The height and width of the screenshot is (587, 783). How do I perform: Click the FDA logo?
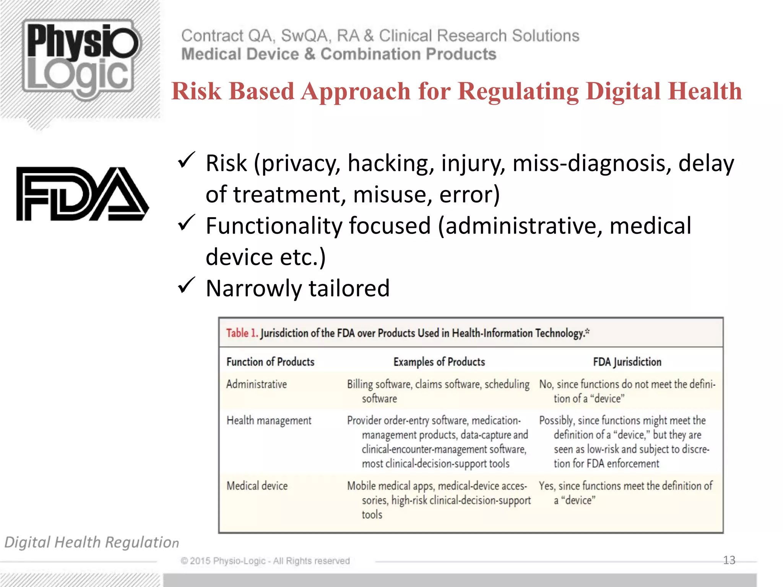click(82, 194)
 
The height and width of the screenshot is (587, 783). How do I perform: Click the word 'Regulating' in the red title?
click(518, 92)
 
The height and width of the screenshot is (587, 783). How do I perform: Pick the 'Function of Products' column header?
click(270, 362)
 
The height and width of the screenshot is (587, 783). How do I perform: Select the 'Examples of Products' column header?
click(439, 362)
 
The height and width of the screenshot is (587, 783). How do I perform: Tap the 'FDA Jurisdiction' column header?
click(627, 362)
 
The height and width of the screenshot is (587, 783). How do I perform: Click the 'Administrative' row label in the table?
click(256, 384)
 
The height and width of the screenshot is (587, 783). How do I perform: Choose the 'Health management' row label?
click(269, 420)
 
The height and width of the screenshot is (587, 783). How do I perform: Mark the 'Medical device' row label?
click(257, 486)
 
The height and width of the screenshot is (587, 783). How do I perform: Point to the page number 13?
click(729, 560)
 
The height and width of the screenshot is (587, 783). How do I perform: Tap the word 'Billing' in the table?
click(359, 384)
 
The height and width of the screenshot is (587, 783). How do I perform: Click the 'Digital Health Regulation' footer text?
click(91, 542)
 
